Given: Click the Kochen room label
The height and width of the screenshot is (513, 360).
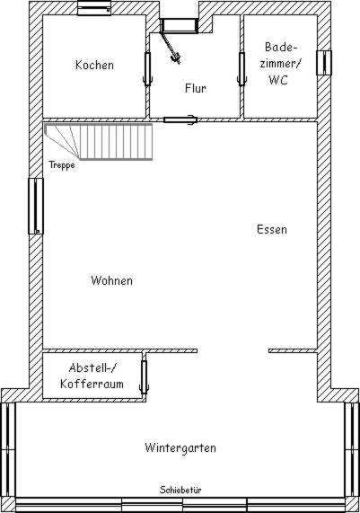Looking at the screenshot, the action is [x=94, y=65].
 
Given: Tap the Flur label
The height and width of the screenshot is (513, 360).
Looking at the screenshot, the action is [x=195, y=88].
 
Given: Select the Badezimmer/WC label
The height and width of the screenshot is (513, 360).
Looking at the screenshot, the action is [x=279, y=64].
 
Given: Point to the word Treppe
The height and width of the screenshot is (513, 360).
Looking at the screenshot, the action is [x=62, y=165].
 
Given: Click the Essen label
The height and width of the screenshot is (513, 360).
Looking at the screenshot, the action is [x=272, y=229].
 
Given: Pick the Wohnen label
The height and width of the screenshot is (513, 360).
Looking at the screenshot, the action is [x=112, y=280].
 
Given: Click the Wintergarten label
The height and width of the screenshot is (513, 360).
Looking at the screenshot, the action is [x=180, y=447].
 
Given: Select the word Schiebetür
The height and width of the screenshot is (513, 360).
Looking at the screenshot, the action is [x=180, y=490].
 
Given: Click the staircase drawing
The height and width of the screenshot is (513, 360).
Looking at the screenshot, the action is [x=98, y=142].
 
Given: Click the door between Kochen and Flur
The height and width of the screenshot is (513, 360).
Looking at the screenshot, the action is [x=147, y=68].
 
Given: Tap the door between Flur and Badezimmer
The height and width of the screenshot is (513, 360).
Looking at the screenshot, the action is [x=242, y=68].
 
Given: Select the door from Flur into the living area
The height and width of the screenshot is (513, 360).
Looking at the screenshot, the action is [x=180, y=119].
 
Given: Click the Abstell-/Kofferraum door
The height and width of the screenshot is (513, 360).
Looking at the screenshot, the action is [x=144, y=376].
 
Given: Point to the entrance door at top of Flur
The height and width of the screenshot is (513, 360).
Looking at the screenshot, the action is [x=180, y=26].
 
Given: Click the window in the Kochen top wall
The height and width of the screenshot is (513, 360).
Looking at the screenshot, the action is [x=94, y=8].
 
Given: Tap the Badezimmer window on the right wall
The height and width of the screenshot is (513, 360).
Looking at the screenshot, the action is [x=324, y=63].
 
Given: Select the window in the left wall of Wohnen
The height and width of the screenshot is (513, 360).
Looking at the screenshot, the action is [x=36, y=206].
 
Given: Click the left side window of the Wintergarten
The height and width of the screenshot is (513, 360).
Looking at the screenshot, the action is [x=8, y=450].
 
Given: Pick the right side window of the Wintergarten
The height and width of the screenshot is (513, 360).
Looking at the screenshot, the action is [x=352, y=450].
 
